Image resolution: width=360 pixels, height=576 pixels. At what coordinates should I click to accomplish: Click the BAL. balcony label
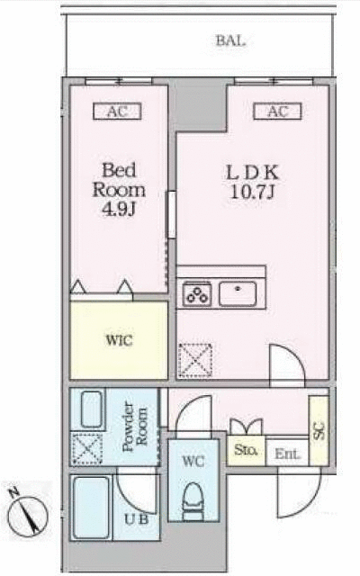click(230, 40)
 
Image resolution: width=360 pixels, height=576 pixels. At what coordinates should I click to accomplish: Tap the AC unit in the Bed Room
click(117, 112)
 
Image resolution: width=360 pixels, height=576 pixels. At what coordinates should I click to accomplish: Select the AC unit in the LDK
click(277, 112)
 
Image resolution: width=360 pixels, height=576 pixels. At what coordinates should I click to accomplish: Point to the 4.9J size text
click(119, 210)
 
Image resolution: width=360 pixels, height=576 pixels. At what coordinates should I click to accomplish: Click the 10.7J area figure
click(253, 192)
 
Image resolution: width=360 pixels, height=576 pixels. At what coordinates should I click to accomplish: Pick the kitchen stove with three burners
click(197, 293)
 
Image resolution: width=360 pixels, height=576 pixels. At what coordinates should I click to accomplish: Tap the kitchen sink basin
click(238, 293)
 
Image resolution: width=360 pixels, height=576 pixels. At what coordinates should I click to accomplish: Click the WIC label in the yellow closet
click(119, 340)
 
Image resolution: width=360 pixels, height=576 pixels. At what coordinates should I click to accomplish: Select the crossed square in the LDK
click(195, 361)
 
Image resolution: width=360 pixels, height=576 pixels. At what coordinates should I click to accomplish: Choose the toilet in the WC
click(193, 501)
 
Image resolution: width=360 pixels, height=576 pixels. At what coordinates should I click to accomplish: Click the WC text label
click(193, 462)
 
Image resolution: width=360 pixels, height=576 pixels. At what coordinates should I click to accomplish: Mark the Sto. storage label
click(246, 450)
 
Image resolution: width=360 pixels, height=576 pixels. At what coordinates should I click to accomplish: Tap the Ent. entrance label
click(287, 454)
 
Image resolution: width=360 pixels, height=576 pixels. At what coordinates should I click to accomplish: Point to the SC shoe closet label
click(319, 431)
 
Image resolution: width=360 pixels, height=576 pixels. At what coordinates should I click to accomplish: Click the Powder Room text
click(135, 427)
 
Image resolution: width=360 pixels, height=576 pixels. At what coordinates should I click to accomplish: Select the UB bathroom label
click(136, 519)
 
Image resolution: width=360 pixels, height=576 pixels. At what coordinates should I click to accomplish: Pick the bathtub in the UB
click(92, 508)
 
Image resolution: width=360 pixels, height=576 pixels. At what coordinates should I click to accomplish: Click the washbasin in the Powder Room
click(91, 409)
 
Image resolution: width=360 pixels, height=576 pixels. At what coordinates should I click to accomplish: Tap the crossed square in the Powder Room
click(87, 449)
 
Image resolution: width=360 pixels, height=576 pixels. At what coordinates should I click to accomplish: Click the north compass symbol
click(28, 513)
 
